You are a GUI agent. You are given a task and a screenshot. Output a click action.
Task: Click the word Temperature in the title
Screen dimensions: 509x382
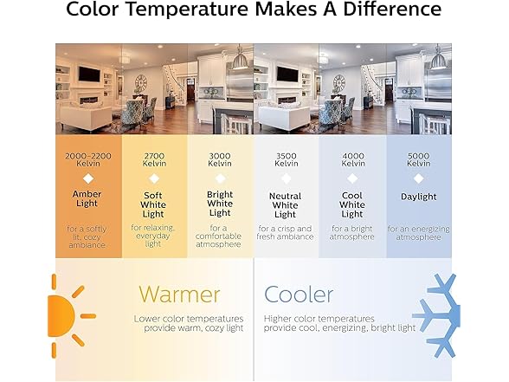pos(186,9)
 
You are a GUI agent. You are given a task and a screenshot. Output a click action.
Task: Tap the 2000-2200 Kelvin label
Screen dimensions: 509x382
pos(88,159)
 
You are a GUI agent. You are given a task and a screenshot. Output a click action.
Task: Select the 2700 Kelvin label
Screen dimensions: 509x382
pos(154,159)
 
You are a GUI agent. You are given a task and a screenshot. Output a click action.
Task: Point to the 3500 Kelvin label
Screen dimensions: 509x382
pos(286,159)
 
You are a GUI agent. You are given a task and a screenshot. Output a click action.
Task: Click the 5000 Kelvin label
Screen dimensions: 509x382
pos(418,159)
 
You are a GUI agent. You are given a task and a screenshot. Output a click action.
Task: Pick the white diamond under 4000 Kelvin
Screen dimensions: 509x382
pos(352,178)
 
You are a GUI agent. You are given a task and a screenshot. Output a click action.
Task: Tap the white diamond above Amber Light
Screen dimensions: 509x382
pos(88,178)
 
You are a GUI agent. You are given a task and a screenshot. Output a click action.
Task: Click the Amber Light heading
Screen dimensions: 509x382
pos(87,198)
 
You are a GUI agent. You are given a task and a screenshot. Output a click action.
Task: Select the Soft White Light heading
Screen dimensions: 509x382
pos(153,204)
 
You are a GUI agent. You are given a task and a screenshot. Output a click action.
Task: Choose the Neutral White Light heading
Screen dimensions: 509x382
pos(285,205)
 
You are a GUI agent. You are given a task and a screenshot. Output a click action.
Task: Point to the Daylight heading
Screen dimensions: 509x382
pos(418,197)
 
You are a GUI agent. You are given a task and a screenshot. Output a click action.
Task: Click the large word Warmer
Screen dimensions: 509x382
pos(179,295)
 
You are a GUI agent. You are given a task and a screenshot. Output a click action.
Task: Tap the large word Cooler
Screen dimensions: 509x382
pos(299,295)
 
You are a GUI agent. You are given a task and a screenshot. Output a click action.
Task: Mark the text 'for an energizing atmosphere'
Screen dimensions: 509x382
pos(418,233)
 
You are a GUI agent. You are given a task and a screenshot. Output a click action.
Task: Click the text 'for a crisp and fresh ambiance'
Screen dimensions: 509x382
pos(285,232)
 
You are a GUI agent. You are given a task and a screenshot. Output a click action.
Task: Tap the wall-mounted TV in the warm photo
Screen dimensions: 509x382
pos(89,74)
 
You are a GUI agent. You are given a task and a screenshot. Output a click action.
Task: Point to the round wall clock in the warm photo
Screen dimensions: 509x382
pos(141,82)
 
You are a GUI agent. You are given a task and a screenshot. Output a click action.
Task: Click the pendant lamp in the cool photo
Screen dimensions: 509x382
pos(438,58)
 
